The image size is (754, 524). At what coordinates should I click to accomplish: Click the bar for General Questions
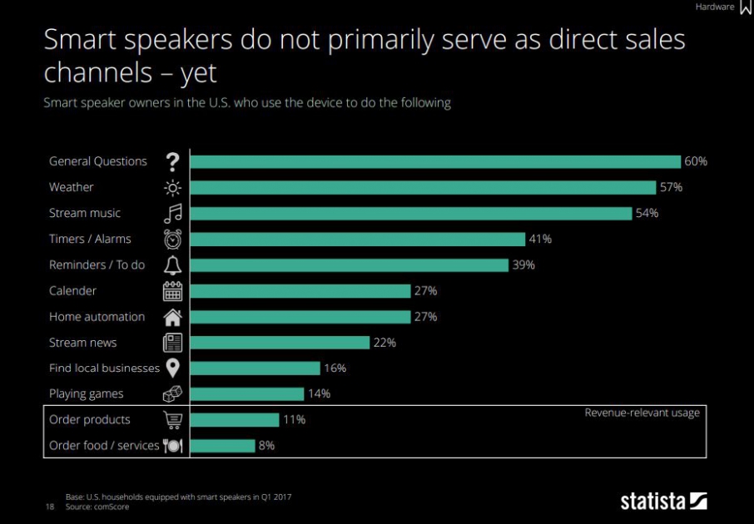[x=435, y=161]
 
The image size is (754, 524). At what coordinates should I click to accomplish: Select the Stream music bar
[x=411, y=213]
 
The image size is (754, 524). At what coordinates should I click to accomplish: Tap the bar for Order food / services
[x=222, y=446]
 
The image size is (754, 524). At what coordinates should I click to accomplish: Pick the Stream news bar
[x=280, y=343]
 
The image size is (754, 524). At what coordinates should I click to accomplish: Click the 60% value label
[x=696, y=161]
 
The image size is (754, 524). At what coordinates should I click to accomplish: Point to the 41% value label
[x=540, y=239]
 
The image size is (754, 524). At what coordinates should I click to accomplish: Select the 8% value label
[x=266, y=446]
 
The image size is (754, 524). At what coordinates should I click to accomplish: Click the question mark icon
[x=172, y=161]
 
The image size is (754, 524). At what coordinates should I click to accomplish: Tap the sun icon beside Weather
[x=172, y=187]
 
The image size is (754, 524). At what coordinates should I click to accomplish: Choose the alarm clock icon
[x=172, y=239]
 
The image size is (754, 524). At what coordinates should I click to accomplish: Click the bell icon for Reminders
[x=172, y=265]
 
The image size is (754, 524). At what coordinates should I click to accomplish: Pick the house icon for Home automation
[x=172, y=317]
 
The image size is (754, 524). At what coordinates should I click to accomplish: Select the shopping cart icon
[x=172, y=420]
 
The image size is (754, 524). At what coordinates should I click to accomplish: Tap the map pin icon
[x=172, y=368]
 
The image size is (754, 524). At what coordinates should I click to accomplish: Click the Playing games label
[x=86, y=394]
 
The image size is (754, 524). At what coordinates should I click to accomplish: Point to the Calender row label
[x=72, y=291]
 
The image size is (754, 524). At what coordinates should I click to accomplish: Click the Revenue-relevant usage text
[x=642, y=413]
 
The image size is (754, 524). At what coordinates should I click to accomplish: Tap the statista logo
[x=663, y=501]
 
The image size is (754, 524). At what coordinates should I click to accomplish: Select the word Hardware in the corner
[x=715, y=7]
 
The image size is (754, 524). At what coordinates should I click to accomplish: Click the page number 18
[x=49, y=506]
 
